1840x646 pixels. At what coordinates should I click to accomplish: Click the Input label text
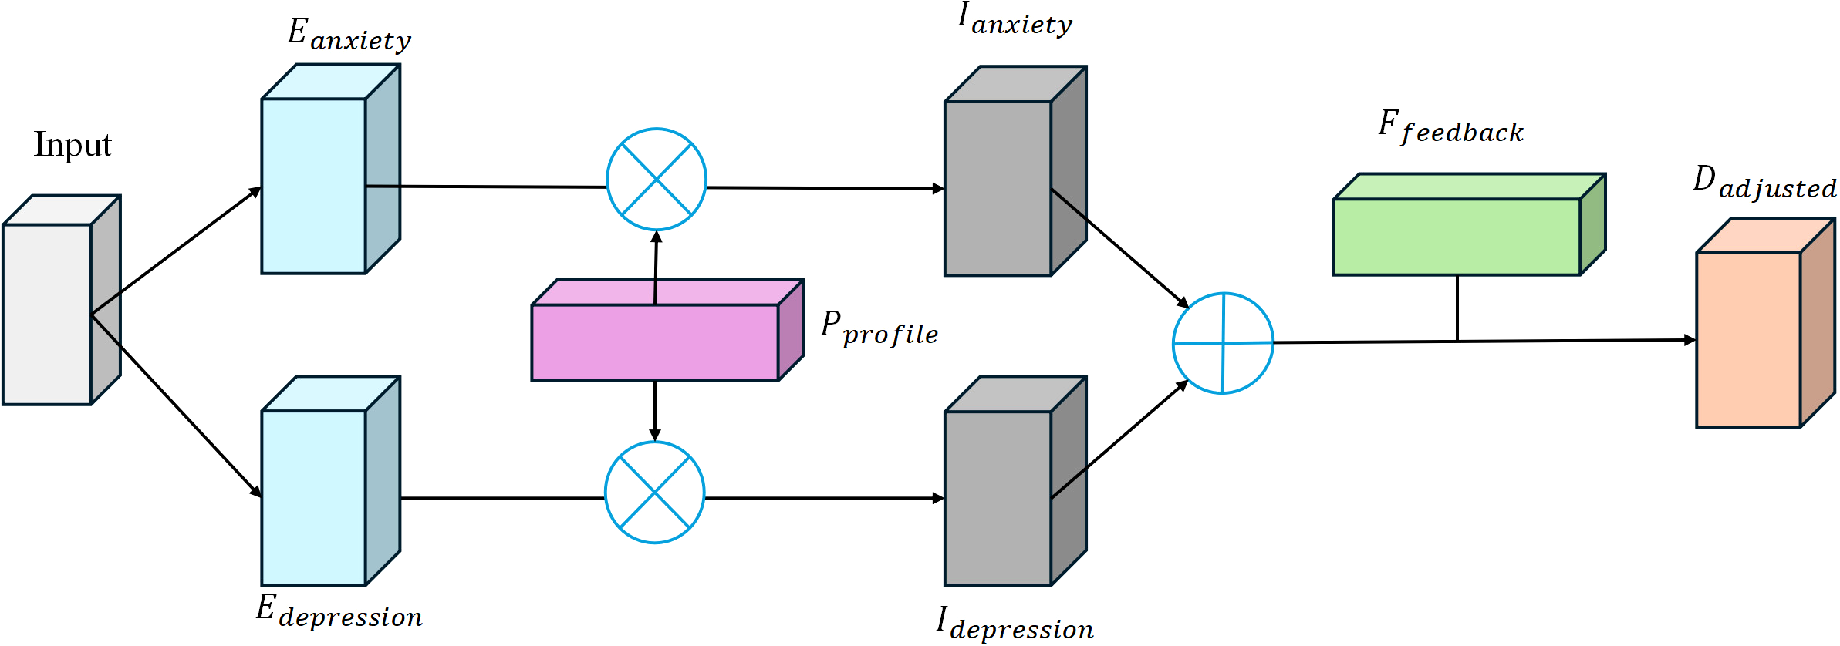[x=73, y=145]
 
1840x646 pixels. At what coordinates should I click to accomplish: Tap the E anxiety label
[x=349, y=35]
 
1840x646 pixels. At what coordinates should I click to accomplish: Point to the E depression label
[x=339, y=611]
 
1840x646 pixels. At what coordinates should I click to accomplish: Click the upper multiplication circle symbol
[x=657, y=179]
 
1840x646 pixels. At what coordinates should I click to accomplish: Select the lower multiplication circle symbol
[x=655, y=492]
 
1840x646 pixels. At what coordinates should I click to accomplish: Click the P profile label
[x=879, y=329]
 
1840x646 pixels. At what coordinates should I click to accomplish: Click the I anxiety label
[x=1015, y=19]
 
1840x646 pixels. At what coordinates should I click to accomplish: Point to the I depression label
[x=1015, y=624]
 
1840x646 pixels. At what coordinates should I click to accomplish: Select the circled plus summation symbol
[x=1223, y=343]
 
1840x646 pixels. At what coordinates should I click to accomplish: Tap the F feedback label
[x=1450, y=127]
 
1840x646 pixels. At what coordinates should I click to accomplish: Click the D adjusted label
[x=1765, y=183]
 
